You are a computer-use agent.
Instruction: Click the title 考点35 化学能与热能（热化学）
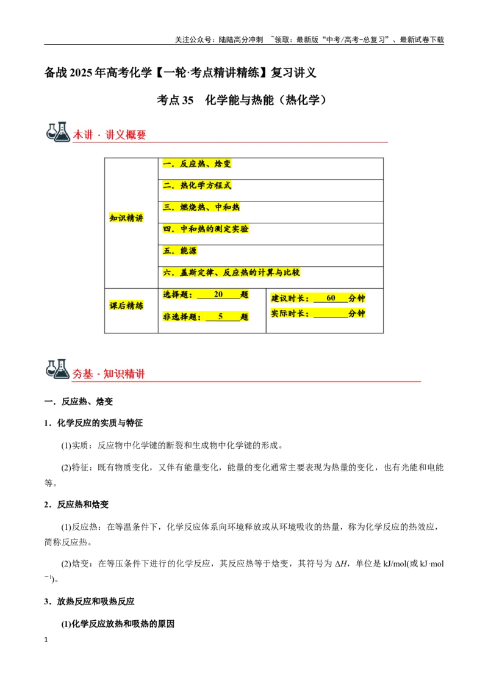[242, 100]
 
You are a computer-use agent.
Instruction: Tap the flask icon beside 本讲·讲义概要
[58, 132]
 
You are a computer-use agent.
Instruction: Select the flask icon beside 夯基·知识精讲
[58, 369]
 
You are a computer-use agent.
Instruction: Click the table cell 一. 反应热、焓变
[196, 164]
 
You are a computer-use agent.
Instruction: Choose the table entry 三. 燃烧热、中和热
[201, 207]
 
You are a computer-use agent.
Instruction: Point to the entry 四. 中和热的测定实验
[205, 229]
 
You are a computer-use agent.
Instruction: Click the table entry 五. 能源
[180, 251]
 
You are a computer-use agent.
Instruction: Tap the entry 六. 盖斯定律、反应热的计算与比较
[231, 272]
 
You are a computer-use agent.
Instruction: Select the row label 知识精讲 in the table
[126, 218]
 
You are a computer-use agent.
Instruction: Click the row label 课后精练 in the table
[126, 305]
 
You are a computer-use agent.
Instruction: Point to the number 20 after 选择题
[218, 294]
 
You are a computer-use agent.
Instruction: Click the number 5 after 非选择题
[221, 316]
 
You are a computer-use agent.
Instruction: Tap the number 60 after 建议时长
[331, 298]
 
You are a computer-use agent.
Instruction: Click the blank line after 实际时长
[331, 317]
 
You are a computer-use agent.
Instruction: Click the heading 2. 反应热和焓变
[76, 505]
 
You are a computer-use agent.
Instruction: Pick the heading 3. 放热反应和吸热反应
[89, 601]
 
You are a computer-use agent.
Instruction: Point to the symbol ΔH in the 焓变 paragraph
[341, 563]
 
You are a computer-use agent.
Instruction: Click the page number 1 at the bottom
[46, 640]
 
